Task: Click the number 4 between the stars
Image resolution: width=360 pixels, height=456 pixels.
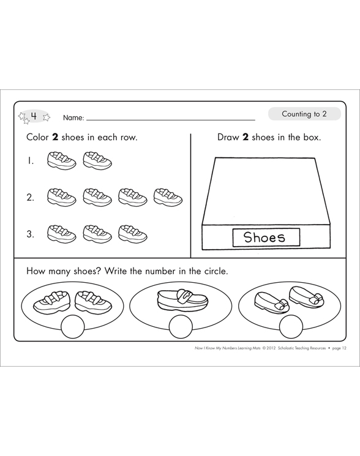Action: [x=34, y=116]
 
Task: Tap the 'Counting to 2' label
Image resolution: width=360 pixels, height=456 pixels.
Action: [x=304, y=114]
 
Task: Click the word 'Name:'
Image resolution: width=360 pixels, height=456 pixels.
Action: [x=73, y=118]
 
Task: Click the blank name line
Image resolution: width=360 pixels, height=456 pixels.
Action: [x=171, y=120]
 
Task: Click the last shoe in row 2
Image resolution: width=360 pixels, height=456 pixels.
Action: [x=168, y=197]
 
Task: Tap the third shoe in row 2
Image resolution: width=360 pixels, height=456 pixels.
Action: [x=133, y=197]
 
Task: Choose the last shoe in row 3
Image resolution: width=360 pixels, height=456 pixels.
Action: [x=133, y=233]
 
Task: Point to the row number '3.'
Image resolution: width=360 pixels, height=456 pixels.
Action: [x=30, y=234]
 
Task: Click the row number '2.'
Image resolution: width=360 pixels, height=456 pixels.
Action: [x=30, y=198]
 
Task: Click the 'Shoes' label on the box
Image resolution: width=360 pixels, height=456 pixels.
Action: [x=264, y=237]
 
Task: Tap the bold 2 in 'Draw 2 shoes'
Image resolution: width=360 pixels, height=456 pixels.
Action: [x=246, y=137]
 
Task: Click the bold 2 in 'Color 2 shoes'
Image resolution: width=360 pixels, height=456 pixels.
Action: [x=55, y=137]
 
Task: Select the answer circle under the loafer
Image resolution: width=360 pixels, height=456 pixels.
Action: [x=180, y=327]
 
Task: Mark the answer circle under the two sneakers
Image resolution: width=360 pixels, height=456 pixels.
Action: [x=73, y=327]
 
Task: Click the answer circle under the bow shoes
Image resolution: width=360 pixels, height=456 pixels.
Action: [x=291, y=327]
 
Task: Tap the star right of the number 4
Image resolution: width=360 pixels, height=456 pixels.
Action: [x=47, y=117]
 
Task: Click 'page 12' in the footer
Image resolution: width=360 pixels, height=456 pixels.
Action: [x=339, y=348]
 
